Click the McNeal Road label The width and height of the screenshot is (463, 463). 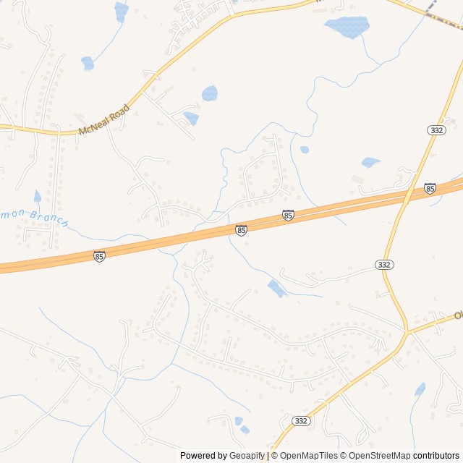pyautogui.click(x=103, y=119)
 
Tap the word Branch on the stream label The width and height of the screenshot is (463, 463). pyautogui.click(x=53, y=219)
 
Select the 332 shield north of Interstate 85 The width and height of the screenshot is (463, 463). pyautogui.click(x=436, y=129)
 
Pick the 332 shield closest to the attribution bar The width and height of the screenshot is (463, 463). pyautogui.click(x=302, y=420)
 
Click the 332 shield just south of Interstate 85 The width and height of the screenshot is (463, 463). pyautogui.click(x=384, y=265)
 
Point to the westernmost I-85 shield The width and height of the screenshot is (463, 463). pyautogui.click(x=99, y=256)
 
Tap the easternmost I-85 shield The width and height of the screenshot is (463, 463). pyautogui.click(x=430, y=188)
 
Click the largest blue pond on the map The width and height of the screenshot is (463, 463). pyautogui.click(x=348, y=27)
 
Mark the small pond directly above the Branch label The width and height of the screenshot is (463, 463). pyautogui.click(x=38, y=196)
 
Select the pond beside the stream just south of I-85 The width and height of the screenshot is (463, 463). pyautogui.click(x=276, y=288)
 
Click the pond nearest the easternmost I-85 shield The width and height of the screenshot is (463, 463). pyautogui.click(x=370, y=162)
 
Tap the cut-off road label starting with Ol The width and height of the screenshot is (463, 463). pyautogui.click(x=457, y=315)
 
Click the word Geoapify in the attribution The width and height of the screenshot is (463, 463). pyautogui.click(x=248, y=456)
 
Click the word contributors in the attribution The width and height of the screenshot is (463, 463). pyautogui.click(x=436, y=456)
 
